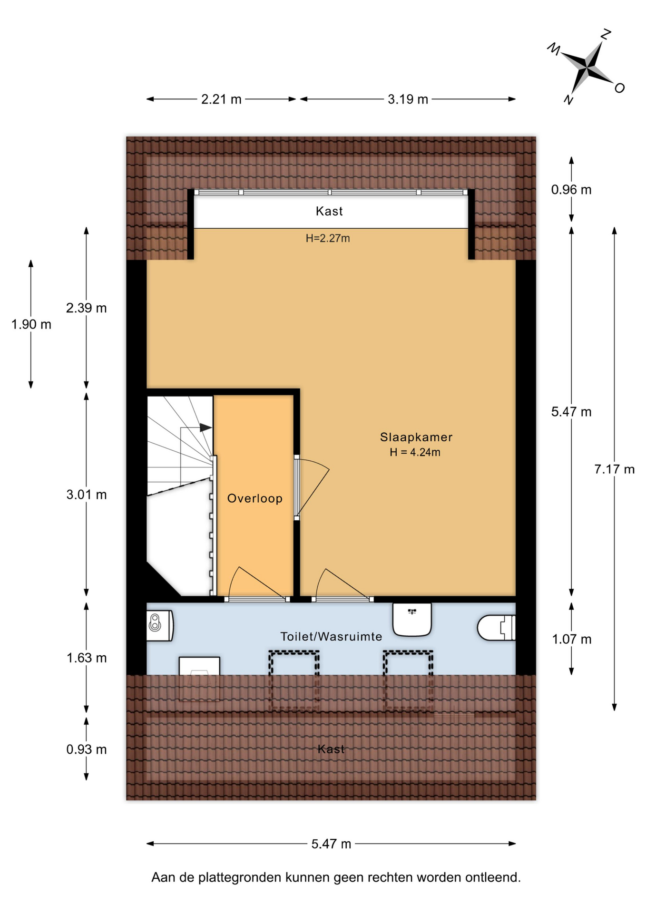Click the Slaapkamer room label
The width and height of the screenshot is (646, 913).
point(416,437)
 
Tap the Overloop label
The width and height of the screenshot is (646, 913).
point(255,498)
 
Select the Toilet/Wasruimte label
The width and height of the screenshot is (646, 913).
point(331,637)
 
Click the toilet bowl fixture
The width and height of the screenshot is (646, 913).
point(496,627)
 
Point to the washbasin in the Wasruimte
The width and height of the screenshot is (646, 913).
point(412,619)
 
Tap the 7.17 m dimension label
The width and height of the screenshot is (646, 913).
point(614,469)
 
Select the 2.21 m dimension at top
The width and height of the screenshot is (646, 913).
point(221,99)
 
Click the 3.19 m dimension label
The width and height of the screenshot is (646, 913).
point(408,99)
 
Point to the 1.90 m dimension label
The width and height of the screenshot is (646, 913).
point(31,324)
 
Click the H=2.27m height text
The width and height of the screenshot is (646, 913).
point(328,238)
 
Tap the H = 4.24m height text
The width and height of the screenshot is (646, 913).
point(415,452)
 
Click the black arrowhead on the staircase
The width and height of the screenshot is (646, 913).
point(206,427)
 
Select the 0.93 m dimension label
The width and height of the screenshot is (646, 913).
point(87,749)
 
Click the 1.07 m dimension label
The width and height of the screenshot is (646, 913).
point(572,639)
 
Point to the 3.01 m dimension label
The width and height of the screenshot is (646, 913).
point(87,495)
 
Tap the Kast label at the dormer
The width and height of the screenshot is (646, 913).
point(329,211)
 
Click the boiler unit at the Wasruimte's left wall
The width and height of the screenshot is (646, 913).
point(159,625)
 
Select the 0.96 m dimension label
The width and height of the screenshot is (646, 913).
point(571,190)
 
